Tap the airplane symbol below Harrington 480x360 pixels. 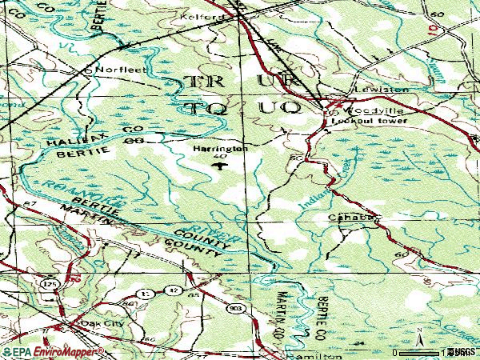pos(217,166)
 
